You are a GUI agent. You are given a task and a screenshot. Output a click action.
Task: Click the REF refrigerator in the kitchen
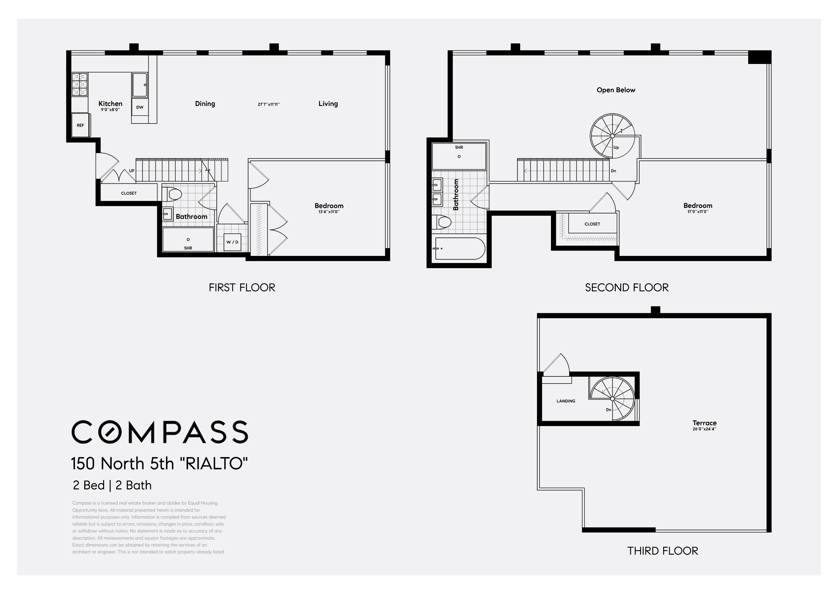click(x=81, y=125)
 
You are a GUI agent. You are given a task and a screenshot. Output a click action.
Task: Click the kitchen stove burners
click(x=80, y=84)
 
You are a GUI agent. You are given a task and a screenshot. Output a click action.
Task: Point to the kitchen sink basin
click(x=140, y=85)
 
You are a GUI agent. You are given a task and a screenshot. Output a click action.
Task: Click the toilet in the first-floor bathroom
click(x=172, y=194)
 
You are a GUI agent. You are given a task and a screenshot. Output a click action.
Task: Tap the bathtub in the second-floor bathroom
click(x=460, y=249)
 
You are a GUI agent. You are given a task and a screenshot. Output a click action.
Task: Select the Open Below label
click(x=616, y=90)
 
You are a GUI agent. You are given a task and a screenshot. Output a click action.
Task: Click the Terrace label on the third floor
click(x=704, y=423)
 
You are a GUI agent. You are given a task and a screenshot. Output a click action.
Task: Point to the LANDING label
click(x=566, y=401)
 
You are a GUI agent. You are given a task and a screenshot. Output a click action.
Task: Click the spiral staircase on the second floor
click(x=613, y=136)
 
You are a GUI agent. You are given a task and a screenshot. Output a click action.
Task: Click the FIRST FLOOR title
click(x=242, y=288)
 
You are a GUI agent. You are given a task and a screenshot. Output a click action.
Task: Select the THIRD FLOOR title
click(x=662, y=551)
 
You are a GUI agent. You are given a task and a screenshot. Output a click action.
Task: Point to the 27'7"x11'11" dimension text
click(x=269, y=104)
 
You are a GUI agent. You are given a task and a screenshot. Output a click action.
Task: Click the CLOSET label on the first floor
click(x=129, y=193)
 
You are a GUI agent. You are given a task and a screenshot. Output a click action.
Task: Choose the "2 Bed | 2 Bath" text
click(x=112, y=485)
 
